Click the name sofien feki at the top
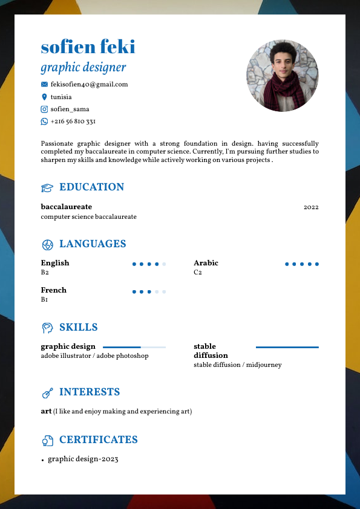click(x=88, y=47)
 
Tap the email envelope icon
click(x=44, y=85)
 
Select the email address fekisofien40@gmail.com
click(x=89, y=85)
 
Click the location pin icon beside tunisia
click(x=44, y=97)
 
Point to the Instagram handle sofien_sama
click(x=70, y=109)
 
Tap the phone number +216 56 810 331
click(x=73, y=122)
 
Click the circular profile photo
click(x=282, y=76)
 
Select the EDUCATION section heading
click(x=91, y=187)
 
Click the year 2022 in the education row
click(x=311, y=207)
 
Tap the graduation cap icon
click(x=47, y=188)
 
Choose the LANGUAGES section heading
click(x=93, y=244)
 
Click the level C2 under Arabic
click(x=197, y=273)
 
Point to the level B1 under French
click(x=44, y=300)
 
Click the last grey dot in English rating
click(x=164, y=264)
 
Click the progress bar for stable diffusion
click(x=287, y=348)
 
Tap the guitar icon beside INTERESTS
click(x=47, y=393)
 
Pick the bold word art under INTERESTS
click(x=46, y=412)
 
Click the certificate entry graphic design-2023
click(x=83, y=459)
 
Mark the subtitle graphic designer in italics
click(x=83, y=67)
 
